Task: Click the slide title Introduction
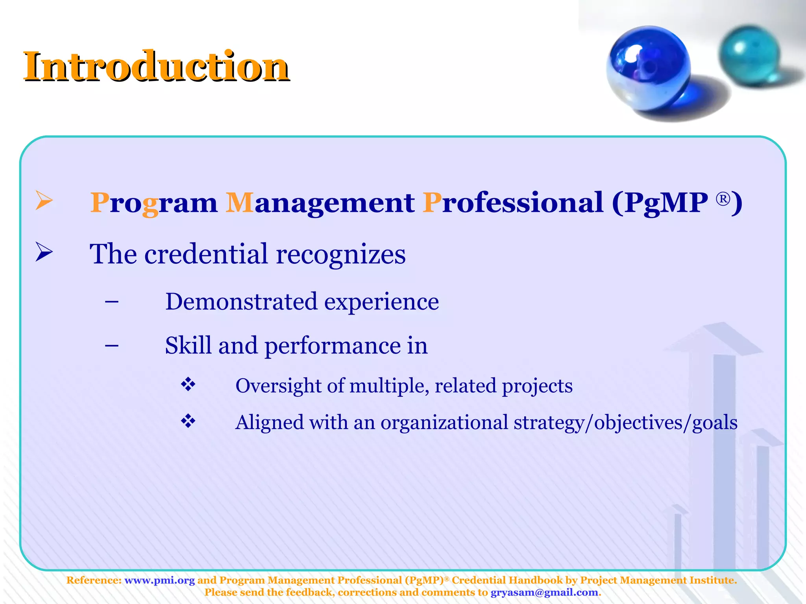156,67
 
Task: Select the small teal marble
749,55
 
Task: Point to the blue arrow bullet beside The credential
44,252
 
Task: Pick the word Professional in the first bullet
513,203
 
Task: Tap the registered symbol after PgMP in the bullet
723,199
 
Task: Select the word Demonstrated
241,302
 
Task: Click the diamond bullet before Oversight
188,385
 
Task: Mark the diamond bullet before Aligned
188,422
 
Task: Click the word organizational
444,423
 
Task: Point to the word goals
714,423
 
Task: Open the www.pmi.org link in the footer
159,580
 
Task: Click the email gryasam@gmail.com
544,593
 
